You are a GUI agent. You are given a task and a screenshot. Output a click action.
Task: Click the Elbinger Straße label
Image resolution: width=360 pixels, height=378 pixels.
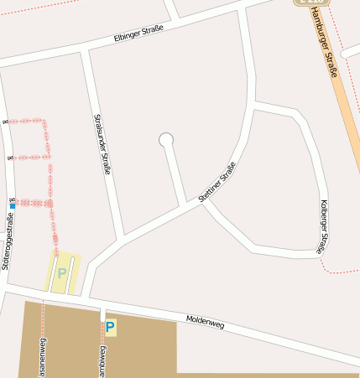pyautogui.click(x=138, y=34)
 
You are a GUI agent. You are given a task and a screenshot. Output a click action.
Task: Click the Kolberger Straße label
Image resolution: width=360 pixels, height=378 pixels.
pyautogui.click(x=323, y=226)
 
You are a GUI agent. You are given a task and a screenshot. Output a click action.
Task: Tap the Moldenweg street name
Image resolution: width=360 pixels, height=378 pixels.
pyautogui.click(x=206, y=320)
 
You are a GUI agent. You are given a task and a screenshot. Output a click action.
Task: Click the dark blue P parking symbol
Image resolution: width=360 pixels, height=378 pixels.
pyautogui.click(x=110, y=327)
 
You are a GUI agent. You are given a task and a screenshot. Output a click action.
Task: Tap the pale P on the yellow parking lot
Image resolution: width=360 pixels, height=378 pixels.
pyautogui.click(x=61, y=272)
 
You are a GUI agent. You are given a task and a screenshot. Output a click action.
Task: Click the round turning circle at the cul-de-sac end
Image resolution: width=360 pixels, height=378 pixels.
pyautogui.click(x=166, y=140)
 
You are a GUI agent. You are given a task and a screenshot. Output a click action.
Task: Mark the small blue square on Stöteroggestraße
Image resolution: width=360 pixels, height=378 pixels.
pyautogui.click(x=13, y=205)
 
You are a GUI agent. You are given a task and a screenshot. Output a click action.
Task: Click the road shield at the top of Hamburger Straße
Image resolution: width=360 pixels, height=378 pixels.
pyautogui.click(x=305, y=3)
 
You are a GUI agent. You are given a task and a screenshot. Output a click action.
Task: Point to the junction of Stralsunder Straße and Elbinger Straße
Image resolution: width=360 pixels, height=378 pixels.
pyautogui.click(x=86, y=50)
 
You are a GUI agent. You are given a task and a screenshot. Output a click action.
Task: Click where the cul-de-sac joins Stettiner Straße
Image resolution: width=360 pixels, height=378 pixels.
pyautogui.click(x=185, y=204)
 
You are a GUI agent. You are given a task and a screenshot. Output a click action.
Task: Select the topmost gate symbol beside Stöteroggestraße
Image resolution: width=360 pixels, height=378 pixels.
pyautogui.click(x=7, y=122)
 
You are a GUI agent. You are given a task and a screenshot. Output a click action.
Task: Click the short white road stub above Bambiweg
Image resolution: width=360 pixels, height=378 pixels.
pyautogui.click(x=102, y=313)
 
